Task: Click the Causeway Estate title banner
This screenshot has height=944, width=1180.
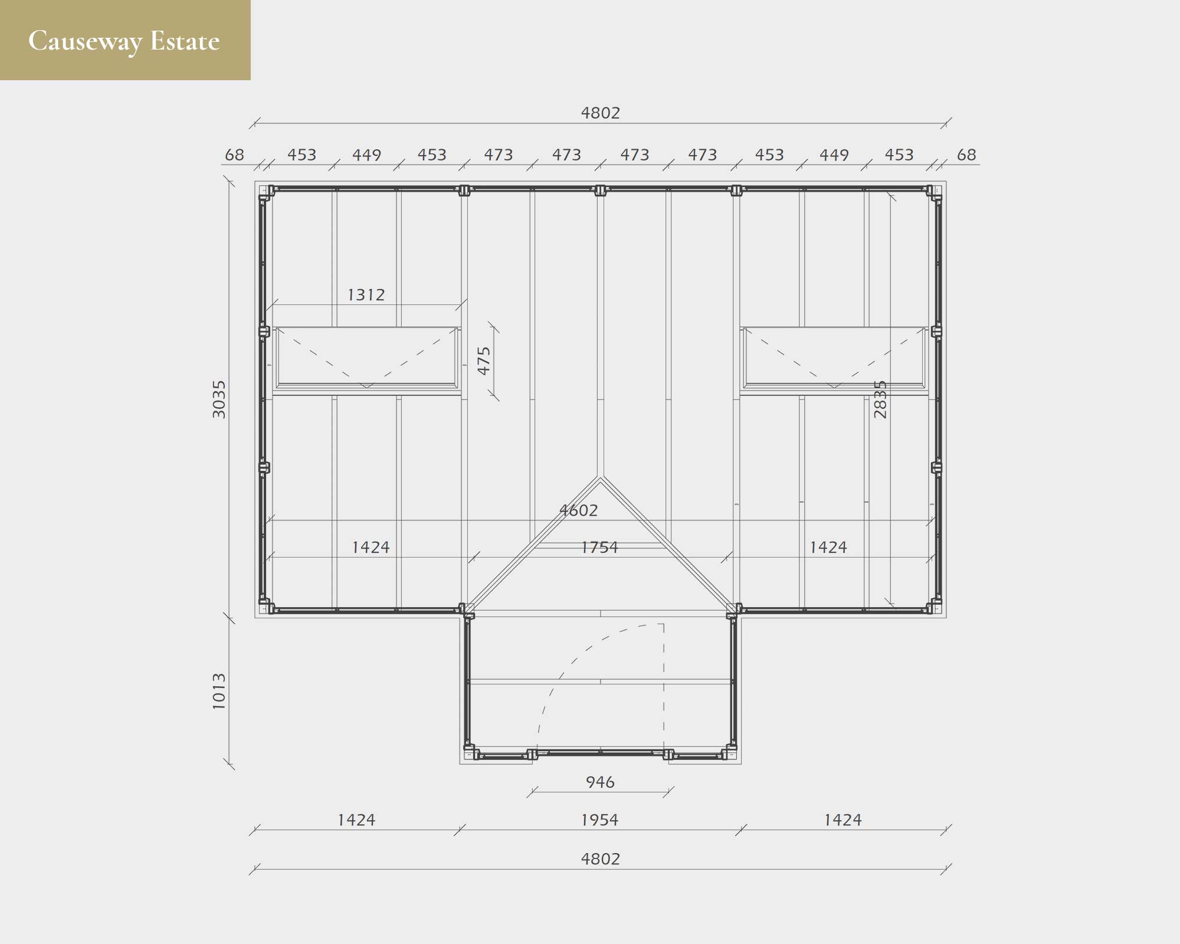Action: [125, 40]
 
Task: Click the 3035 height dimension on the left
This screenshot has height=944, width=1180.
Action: [219, 399]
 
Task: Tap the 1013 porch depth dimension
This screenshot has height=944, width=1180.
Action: [219, 690]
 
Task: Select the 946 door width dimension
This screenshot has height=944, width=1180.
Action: [600, 782]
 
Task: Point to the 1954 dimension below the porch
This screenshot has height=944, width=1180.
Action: [599, 820]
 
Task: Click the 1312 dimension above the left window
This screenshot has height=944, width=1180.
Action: [366, 294]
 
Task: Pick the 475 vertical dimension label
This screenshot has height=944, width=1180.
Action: [484, 360]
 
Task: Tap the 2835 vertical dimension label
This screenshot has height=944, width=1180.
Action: [880, 399]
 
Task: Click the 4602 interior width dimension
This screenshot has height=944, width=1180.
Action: [579, 510]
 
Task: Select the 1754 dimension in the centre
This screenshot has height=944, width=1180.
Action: [599, 548]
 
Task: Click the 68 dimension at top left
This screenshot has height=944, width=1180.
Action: [234, 155]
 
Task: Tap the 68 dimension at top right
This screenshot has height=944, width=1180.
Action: [966, 155]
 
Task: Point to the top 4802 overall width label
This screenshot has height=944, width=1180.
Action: [601, 113]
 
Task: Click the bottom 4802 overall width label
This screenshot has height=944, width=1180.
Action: [601, 859]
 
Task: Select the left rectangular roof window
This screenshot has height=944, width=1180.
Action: [366, 358]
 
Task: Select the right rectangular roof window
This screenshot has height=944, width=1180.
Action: [834, 358]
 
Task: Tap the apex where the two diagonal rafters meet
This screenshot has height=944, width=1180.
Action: [600, 478]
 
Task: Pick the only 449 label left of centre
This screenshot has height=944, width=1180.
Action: [366, 155]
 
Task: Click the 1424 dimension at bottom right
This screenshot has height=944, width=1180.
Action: [843, 820]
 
